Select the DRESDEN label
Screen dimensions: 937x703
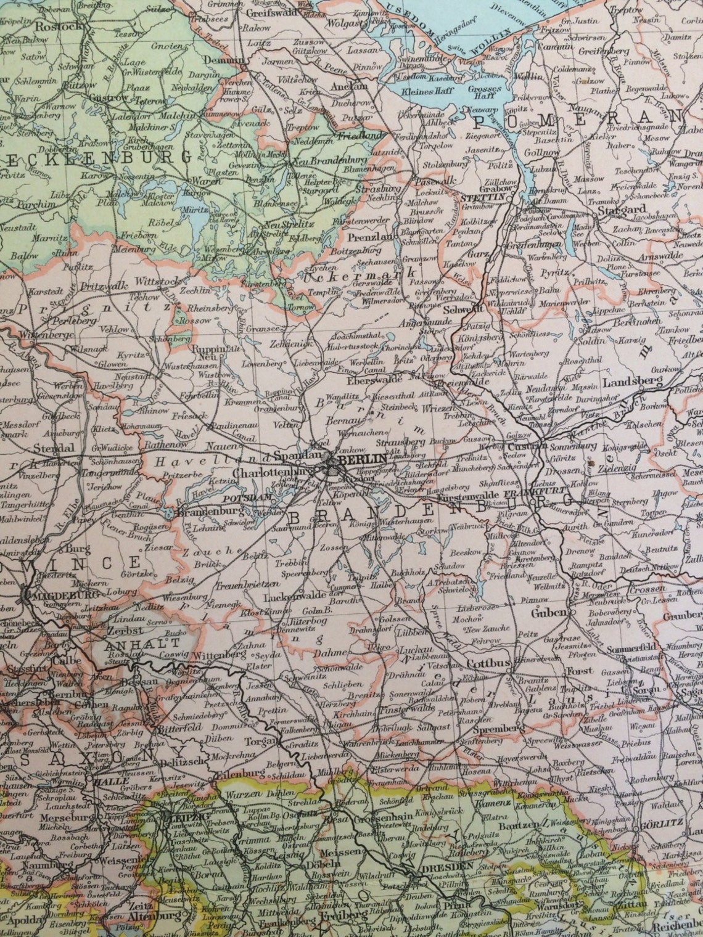456,865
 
